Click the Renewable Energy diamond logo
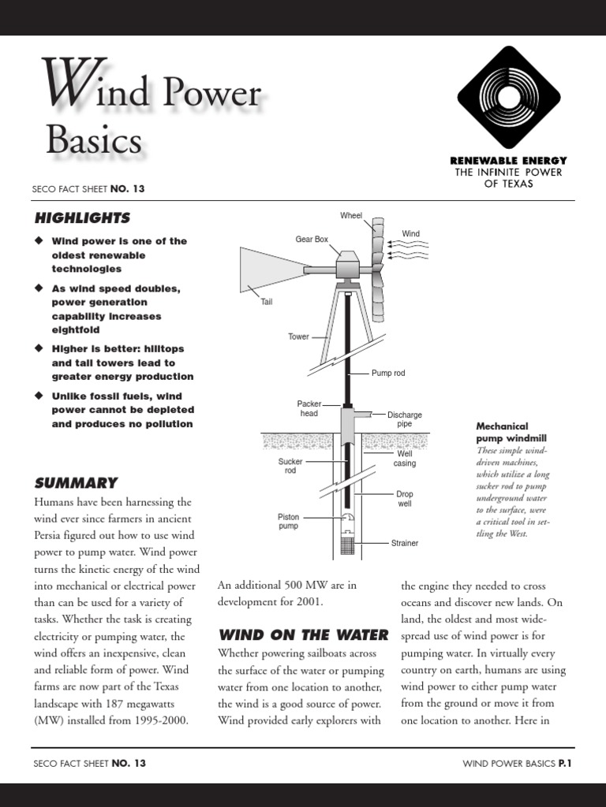click(x=509, y=97)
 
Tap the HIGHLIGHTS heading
click(x=82, y=218)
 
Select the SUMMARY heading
click(x=76, y=482)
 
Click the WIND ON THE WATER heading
click(x=303, y=634)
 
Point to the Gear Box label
click(x=312, y=239)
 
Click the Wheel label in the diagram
click(x=351, y=215)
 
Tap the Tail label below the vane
click(x=266, y=302)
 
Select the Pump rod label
click(x=387, y=373)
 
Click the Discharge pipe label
click(x=404, y=419)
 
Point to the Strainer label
click(x=405, y=543)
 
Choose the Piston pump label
click(x=288, y=522)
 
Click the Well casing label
click(x=405, y=459)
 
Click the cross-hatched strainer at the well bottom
click(x=347, y=542)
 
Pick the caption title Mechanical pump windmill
click(x=511, y=432)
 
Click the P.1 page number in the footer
click(x=564, y=763)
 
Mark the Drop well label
click(x=404, y=499)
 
